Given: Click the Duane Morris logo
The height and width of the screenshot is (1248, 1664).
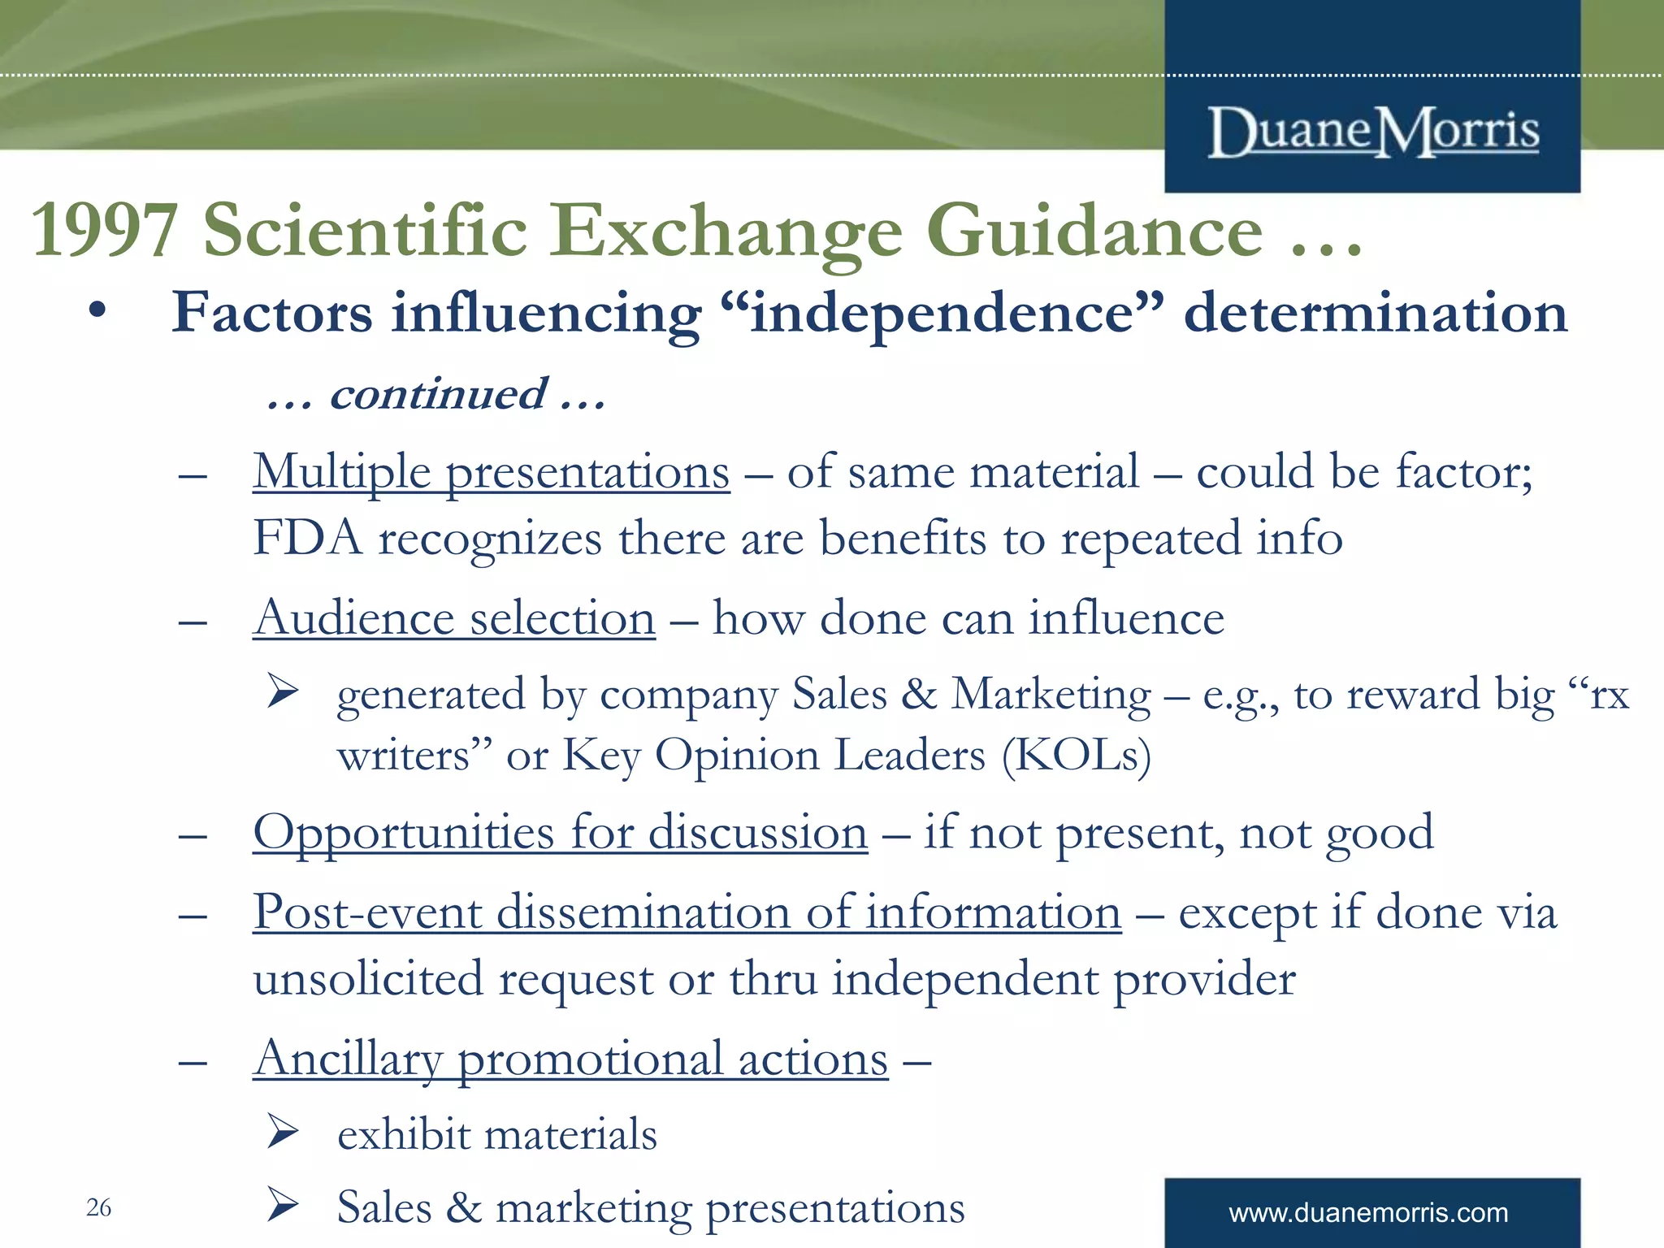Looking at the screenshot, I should coord(1372,132).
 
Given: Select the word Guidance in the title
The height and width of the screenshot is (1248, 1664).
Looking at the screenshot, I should coord(1094,232).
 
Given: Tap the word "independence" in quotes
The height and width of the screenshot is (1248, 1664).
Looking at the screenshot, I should coord(942,314).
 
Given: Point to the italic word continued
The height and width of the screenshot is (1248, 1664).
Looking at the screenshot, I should coord(438,395).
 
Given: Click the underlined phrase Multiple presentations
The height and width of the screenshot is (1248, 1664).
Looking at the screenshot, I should coord(491,472).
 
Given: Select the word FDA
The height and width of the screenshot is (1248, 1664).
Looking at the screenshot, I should coord(306,538).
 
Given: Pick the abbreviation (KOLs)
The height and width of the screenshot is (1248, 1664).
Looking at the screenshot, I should coord(1076,756).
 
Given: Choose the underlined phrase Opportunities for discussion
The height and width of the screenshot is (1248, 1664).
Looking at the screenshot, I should coord(560,834).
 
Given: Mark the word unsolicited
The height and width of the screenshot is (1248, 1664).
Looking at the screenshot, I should coord(367,979).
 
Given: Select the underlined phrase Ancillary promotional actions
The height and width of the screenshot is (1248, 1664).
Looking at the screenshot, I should coord(570,1059).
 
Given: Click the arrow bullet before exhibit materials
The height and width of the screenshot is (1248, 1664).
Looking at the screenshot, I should coord(283,1132).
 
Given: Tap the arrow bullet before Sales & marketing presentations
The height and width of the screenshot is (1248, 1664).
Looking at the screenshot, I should coord(283,1205).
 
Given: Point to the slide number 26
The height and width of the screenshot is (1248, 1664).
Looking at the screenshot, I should coord(98,1207).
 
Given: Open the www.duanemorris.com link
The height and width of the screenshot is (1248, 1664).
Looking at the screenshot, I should coord(1368,1213).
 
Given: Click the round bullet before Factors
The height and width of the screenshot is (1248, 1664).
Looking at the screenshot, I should coord(97,313).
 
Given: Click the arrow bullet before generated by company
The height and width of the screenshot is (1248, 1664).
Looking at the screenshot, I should coord(283,692).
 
